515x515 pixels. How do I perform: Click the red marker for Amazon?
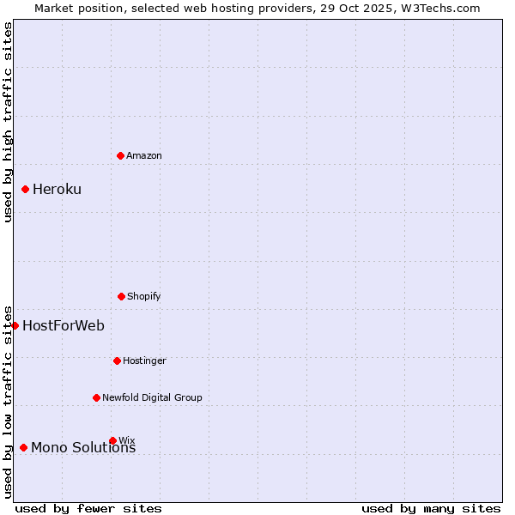120,155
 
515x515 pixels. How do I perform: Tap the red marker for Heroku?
25,189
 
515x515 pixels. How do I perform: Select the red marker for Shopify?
121,296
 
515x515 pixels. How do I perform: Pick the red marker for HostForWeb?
15,325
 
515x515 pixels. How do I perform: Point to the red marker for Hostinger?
117,360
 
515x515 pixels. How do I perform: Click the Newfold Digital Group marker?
96,397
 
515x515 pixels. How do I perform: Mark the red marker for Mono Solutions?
23,447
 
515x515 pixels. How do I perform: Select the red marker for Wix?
112,440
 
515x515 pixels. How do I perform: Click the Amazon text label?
144,155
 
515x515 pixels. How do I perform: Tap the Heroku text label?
57,189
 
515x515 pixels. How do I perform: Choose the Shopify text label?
144,296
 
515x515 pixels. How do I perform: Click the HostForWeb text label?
64,325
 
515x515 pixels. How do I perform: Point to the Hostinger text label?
144,360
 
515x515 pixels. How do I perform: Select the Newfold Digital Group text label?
152,397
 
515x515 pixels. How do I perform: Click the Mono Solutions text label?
83,447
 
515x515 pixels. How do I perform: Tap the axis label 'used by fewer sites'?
88,508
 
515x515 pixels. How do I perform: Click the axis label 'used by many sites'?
431,508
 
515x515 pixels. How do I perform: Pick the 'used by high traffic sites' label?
8,123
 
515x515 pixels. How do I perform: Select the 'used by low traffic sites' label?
8,402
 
